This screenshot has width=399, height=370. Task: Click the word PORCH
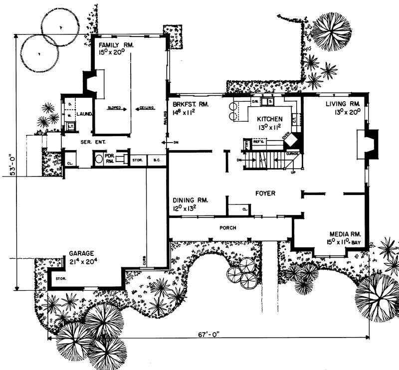click(227, 228)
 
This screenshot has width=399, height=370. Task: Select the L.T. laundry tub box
click(70, 126)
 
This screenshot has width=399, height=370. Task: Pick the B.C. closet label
click(157, 161)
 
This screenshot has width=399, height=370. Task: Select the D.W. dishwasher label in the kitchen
click(254, 102)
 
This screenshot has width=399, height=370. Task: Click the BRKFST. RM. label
click(190, 105)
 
